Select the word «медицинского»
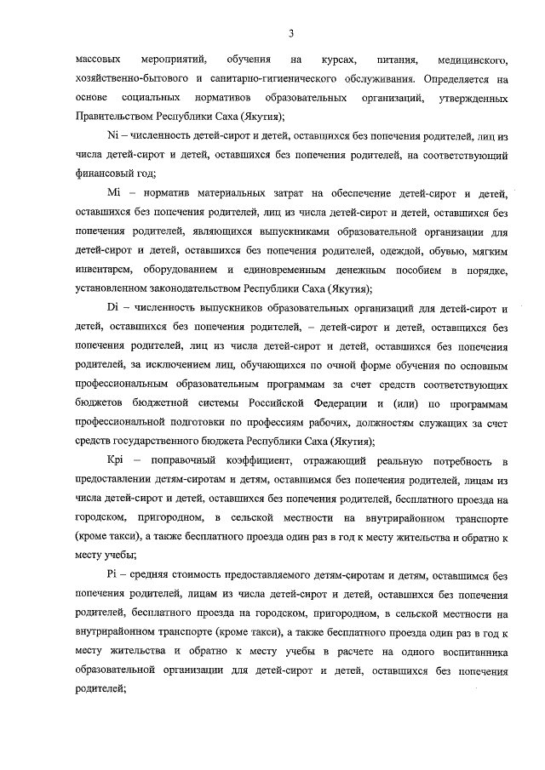point(472,60)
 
